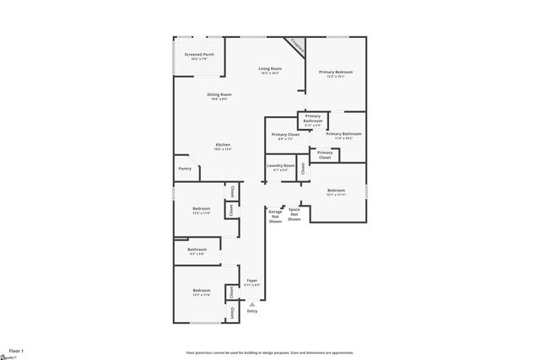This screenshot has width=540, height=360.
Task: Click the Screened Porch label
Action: pyautogui.click(x=199, y=56)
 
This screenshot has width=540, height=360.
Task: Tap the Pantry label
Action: pyautogui.click(x=185, y=169)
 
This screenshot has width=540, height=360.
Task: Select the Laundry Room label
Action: pyautogui.click(x=281, y=167)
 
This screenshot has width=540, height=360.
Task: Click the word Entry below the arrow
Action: pyautogui.click(x=251, y=312)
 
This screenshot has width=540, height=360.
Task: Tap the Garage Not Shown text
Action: pyautogui.click(x=275, y=215)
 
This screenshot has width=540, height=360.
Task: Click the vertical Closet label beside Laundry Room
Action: pyautogui.click(x=302, y=167)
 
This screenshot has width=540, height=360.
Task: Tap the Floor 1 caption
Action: pyautogui.click(x=16, y=349)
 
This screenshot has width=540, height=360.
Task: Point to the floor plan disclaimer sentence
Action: pyautogui.click(x=269, y=352)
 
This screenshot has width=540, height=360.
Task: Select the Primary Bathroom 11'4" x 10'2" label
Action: pyautogui.click(x=343, y=136)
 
